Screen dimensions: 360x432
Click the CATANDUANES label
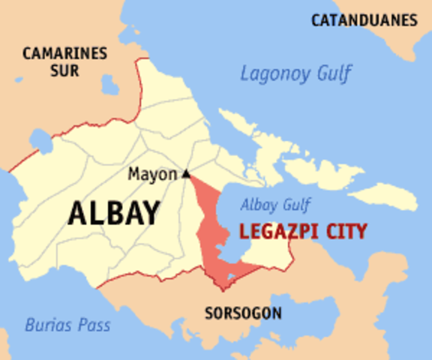click(x=364, y=20)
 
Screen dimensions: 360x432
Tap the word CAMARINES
click(x=65, y=54)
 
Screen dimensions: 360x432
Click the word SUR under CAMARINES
click(x=65, y=73)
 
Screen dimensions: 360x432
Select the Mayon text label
click(x=152, y=174)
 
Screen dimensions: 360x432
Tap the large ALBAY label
click(x=113, y=214)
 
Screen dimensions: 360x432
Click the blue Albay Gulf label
click(x=275, y=204)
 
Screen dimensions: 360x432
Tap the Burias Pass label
click(x=67, y=325)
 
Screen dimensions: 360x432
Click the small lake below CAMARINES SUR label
click(x=110, y=84)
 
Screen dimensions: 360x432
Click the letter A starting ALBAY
click(x=76, y=214)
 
